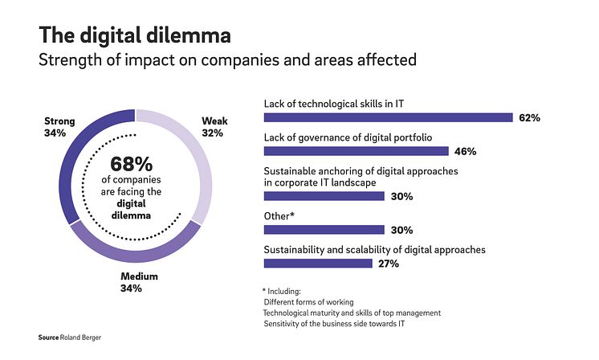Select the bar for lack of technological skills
(388, 117)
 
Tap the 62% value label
(529, 118)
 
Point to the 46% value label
(466, 151)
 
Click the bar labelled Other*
(324, 229)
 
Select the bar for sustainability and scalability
(318, 263)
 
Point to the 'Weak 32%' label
(214, 127)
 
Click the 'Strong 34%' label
(59, 127)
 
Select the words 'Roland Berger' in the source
(84, 337)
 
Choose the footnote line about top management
(352, 313)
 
